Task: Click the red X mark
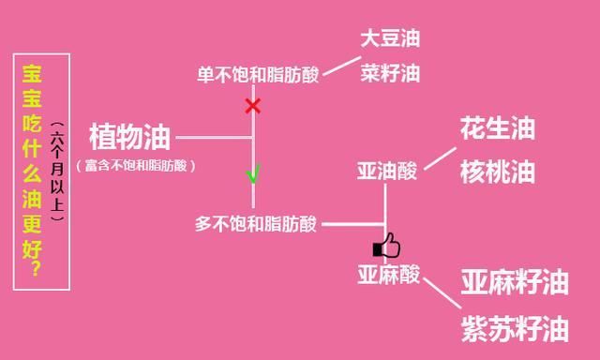tap(253, 106)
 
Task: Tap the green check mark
tap(253, 174)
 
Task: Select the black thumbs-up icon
tap(386, 246)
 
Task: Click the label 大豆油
tap(390, 38)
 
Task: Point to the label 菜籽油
tap(390, 73)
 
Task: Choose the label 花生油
tap(498, 128)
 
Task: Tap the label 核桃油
tap(498, 172)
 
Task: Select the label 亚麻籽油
tap(515, 282)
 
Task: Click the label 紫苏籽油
tap(515, 329)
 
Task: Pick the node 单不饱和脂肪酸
tap(258, 75)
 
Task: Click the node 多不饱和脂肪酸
tap(256, 224)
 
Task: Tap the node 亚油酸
tap(387, 171)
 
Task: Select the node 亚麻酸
tap(389, 275)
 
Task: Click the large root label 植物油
tap(129, 137)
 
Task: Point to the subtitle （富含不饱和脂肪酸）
tap(136, 166)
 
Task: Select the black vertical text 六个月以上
tap(57, 171)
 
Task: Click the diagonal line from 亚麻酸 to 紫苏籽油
tap(442, 293)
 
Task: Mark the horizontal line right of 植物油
tap(214, 137)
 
